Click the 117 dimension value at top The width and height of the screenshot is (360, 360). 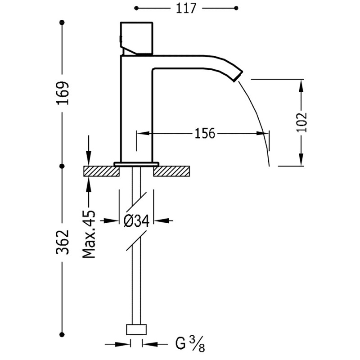pos(186,8)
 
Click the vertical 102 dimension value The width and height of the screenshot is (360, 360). pos(301,121)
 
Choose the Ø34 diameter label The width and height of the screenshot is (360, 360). pos(136,220)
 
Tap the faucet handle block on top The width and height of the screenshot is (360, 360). pos(136,37)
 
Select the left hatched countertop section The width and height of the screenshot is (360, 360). pos(100,171)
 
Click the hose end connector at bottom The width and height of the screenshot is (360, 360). pos(136,329)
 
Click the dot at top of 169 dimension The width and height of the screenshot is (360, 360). pos(63,22)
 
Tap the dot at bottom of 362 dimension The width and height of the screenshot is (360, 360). pos(63,333)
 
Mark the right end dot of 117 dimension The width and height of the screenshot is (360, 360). pos(237,8)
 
